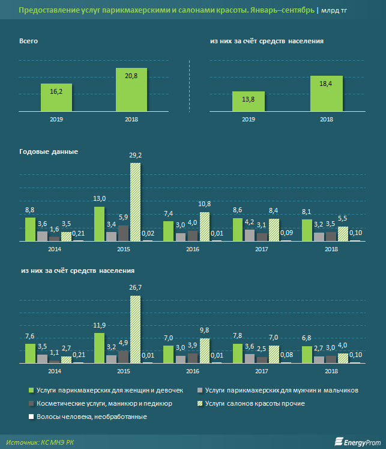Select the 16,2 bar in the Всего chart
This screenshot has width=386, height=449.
click(x=57, y=97)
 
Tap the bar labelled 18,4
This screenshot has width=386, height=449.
click(x=327, y=93)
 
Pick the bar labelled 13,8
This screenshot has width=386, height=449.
click(x=247, y=101)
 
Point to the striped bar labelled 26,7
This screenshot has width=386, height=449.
click(x=136, y=329)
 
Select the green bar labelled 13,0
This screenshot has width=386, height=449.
click(x=100, y=223)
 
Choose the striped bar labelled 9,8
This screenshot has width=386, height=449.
click(x=205, y=350)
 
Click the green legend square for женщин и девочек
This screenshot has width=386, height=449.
click(x=30, y=390)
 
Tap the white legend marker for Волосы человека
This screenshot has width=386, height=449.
click(x=30, y=417)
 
